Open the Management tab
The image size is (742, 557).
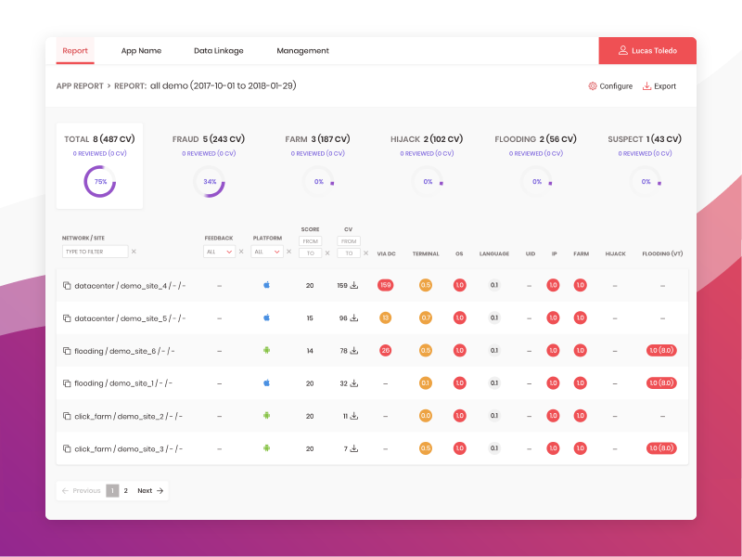(302, 51)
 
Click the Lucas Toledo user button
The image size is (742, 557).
(647, 51)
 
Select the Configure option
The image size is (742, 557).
(610, 86)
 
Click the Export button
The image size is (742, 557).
(659, 86)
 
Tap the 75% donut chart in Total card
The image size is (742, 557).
(100, 182)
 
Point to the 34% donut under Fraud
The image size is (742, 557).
(210, 182)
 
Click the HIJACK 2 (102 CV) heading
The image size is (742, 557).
(428, 139)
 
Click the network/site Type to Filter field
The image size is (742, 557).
(95, 252)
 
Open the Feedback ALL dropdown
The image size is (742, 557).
(219, 252)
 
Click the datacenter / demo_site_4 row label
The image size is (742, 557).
(129, 286)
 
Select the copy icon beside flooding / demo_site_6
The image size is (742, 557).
(67, 351)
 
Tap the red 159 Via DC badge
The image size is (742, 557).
(385, 286)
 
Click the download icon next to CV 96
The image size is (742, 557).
(354, 317)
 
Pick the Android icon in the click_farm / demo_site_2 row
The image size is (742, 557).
(266, 416)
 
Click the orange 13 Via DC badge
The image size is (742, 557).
(385, 317)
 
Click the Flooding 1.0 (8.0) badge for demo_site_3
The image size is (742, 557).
(662, 448)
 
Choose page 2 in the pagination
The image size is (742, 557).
(126, 490)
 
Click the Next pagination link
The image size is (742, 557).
(150, 490)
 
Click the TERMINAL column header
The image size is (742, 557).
(426, 253)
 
